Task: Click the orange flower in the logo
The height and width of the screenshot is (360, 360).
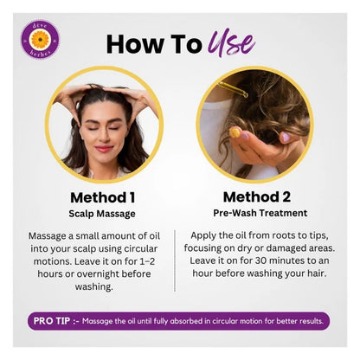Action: (x=40, y=39)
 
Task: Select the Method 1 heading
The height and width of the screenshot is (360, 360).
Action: (x=103, y=197)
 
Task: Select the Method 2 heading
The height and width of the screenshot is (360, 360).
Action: (x=257, y=197)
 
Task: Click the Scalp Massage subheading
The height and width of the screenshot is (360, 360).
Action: (x=102, y=214)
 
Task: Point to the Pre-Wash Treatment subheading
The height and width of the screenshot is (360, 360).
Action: (x=260, y=213)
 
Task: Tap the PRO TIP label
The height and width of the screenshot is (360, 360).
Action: (x=52, y=321)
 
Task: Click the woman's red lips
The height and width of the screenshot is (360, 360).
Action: (x=104, y=149)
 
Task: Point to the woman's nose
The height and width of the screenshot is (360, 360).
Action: (x=104, y=137)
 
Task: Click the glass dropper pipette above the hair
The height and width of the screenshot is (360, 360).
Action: (x=233, y=89)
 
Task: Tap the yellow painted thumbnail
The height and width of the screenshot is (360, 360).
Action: (x=235, y=132)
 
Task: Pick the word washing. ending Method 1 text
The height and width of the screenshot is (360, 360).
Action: (x=93, y=286)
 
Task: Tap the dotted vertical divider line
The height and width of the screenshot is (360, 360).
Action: (x=175, y=260)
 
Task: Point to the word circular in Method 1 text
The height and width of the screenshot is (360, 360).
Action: (x=141, y=248)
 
